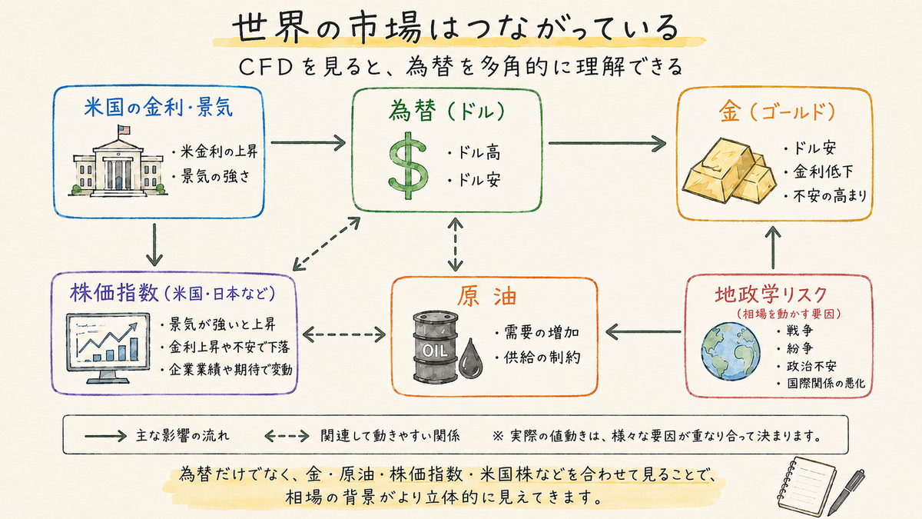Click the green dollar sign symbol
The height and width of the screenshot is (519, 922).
pos(408,165)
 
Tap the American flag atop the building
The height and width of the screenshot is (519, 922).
pos(124,130)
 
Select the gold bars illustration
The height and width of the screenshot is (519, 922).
pos(729,171)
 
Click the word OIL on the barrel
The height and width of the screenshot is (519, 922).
pos(435,351)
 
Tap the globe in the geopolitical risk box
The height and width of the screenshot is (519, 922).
pos(731,351)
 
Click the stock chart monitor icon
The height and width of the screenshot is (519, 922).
pos(108,348)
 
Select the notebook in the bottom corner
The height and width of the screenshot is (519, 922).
pos(807,486)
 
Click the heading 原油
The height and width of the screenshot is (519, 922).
pos(487,297)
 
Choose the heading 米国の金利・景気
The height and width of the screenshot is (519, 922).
pos(158,108)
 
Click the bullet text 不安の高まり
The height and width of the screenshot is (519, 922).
pos(830,195)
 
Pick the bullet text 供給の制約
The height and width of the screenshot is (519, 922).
pos(542,357)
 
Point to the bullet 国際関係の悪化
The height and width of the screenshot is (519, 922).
pos(826,384)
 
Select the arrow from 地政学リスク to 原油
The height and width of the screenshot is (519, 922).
pos(643,331)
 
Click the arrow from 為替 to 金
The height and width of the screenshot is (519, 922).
pos(607,143)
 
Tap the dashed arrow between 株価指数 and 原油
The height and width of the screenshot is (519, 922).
pos(344,334)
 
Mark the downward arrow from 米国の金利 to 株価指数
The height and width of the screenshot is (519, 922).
pos(154,245)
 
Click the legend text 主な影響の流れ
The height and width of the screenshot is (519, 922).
pos(182,436)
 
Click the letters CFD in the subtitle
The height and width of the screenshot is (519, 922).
pos(266,67)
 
